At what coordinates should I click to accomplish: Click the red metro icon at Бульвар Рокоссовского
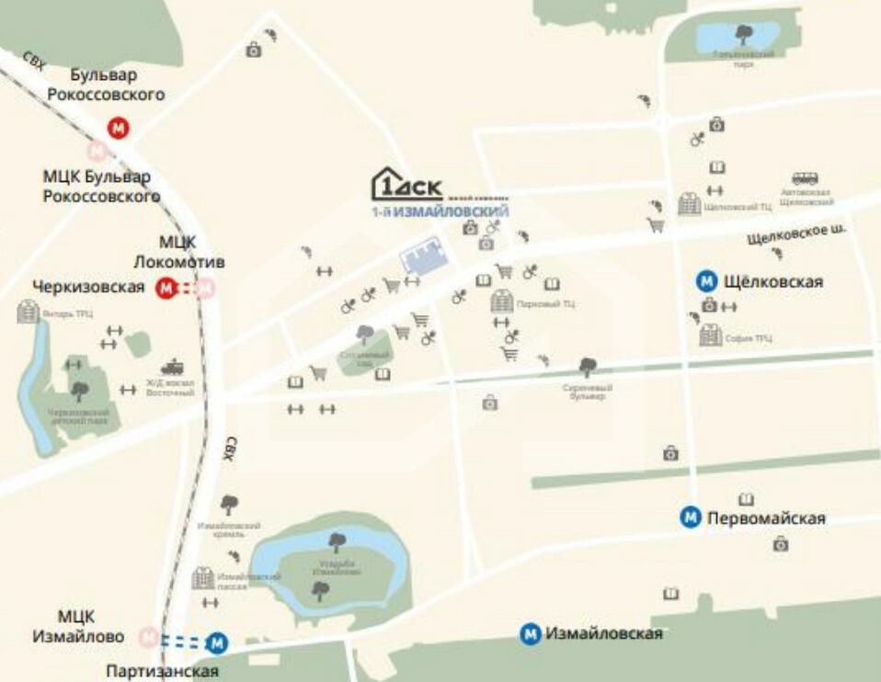[118, 128]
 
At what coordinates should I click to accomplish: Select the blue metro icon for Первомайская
[691, 518]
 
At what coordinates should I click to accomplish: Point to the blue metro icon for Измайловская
[530, 634]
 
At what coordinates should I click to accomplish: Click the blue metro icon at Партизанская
[218, 642]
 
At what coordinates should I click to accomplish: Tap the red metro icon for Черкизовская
[166, 289]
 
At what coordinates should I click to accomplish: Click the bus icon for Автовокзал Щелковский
[806, 178]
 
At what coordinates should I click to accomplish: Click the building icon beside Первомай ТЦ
[502, 301]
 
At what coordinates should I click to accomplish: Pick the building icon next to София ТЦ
[710, 335]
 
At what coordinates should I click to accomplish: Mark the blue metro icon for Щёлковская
[706, 281]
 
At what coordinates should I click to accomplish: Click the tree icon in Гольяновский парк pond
[743, 34]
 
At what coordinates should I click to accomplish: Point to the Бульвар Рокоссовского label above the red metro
[107, 84]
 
